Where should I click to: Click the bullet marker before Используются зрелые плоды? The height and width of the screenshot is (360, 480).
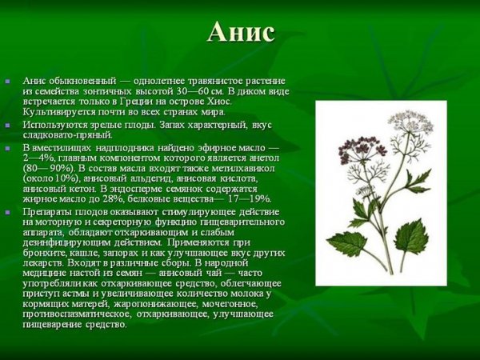[x=7, y=126]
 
